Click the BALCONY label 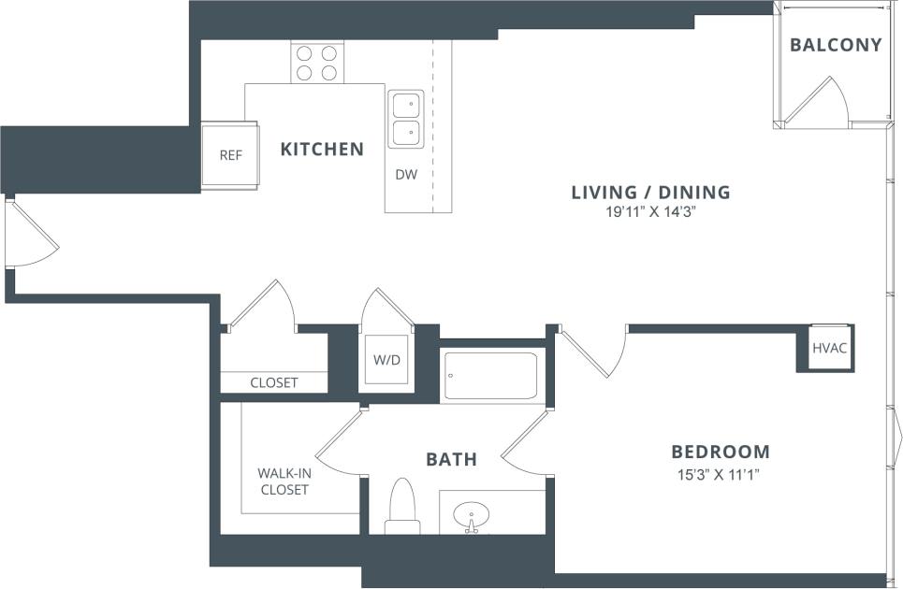(836, 45)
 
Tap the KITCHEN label (322, 149)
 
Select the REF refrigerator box (230, 155)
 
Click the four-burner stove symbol (315, 63)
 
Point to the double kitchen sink (406, 119)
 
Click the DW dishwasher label (405, 174)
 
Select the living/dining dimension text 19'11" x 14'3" (650, 212)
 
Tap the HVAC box (828, 348)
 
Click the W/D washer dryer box (386, 359)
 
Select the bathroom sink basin (471, 516)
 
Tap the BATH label (451, 459)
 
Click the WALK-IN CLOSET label (284, 481)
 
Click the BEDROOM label (721, 452)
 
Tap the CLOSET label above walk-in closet (274, 382)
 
